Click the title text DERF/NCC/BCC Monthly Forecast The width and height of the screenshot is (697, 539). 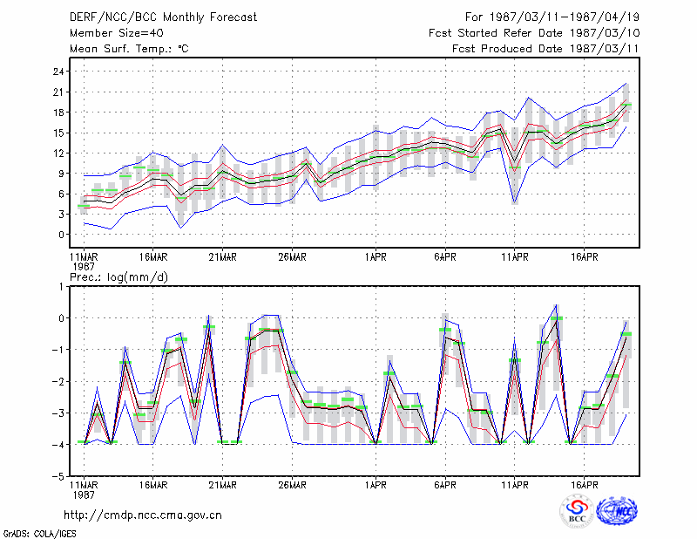click(x=163, y=17)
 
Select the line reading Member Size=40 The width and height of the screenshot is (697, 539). click(x=117, y=33)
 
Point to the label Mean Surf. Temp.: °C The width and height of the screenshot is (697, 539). click(x=129, y=49)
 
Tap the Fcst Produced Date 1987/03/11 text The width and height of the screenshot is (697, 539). click(x=545, y=49)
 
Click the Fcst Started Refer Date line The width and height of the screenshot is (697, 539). click(x=534, y=33)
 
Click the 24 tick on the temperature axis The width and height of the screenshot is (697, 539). click(x=58, y=72)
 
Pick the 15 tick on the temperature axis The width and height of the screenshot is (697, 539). click(x=58, y=133)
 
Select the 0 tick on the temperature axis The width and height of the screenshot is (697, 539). click(x=61, y=235)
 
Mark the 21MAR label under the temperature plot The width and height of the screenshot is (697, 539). click(x=223, y=257)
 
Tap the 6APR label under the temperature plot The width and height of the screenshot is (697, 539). click(x=445, y=257)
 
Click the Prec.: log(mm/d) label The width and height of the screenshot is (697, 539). click(x=118, y=277)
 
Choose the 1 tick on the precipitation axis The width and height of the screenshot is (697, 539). click(x=61, y=287)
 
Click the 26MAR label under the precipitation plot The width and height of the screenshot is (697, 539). click(x=292, y=485)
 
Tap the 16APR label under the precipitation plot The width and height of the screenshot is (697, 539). click(x=584, y=485)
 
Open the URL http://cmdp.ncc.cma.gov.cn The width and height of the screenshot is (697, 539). click(x=143, y=515)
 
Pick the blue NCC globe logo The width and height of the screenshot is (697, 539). click(x=617, y=511)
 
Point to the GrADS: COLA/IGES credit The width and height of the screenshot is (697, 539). click(x=39, y=534)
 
